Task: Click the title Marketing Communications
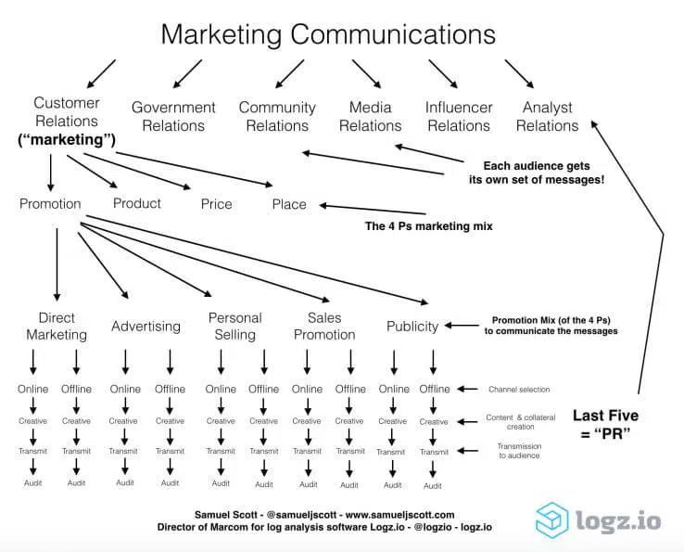(328, 34)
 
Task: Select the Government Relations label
(173, 116)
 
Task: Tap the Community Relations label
(277, 116)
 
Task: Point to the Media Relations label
(370, 116)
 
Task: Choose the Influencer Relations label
(458, 116)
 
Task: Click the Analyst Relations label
(547, 116)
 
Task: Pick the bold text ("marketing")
(66, 140)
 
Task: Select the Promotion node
(50, 203)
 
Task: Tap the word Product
(137, 203)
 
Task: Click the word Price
(216, 204)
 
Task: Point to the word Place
(289, 204)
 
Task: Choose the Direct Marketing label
(57, 326)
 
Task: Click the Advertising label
(146, 326)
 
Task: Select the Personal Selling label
(234, 326)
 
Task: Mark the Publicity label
(412, 326)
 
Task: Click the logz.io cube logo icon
(553, 520)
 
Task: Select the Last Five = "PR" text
(606, 425)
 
